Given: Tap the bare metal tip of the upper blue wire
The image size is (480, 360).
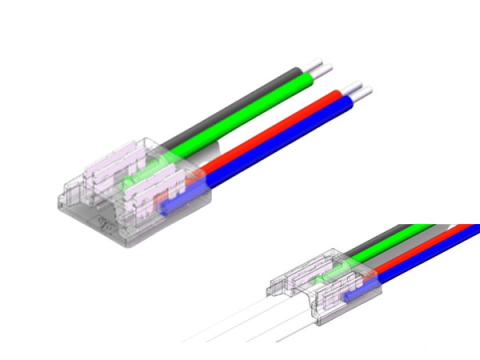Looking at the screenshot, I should tap(370, 96).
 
